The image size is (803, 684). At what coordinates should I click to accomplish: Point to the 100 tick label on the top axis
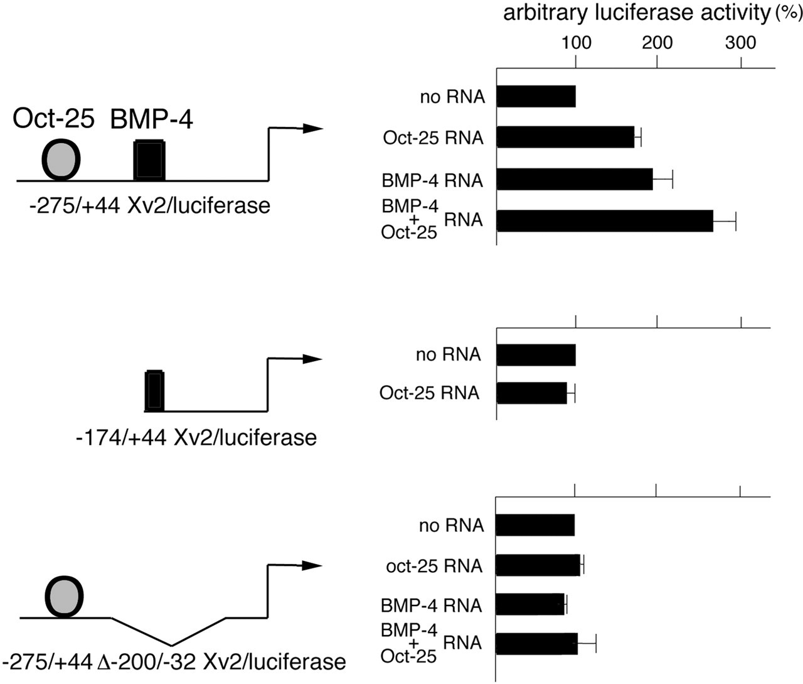pos(577,42)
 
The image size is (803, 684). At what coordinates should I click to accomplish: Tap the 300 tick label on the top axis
pos(741,42)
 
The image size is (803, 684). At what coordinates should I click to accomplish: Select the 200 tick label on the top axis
pos(657,42)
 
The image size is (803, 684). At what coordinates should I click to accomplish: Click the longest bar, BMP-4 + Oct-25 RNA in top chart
pos(605,221)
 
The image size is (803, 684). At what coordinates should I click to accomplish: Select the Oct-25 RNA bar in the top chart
pos(565,137)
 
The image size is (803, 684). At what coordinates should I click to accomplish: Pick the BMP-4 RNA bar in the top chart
pos(575,179)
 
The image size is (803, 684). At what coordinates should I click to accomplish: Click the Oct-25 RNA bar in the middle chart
pos(531,393)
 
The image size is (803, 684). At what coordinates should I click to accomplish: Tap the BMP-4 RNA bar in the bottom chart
pos(530,604)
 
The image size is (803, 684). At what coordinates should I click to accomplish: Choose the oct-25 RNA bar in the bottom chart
pos(538,565)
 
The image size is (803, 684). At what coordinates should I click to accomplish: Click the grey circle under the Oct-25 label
pos(61,160)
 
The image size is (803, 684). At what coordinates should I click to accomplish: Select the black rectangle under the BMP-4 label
pos(149,160)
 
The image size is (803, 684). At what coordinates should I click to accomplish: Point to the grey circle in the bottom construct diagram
pos(65,597)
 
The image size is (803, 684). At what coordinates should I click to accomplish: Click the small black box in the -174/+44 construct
pos(154,391)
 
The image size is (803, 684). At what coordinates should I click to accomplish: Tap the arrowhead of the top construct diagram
pos(313,128)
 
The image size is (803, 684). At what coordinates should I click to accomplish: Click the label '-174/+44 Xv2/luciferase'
pos(196,438)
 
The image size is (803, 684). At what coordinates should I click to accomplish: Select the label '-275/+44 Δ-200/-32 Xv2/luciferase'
pos(174,662)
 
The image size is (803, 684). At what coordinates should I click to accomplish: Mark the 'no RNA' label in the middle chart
pos(449,354)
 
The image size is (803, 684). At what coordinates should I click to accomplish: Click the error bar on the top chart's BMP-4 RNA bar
pos(662,179)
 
